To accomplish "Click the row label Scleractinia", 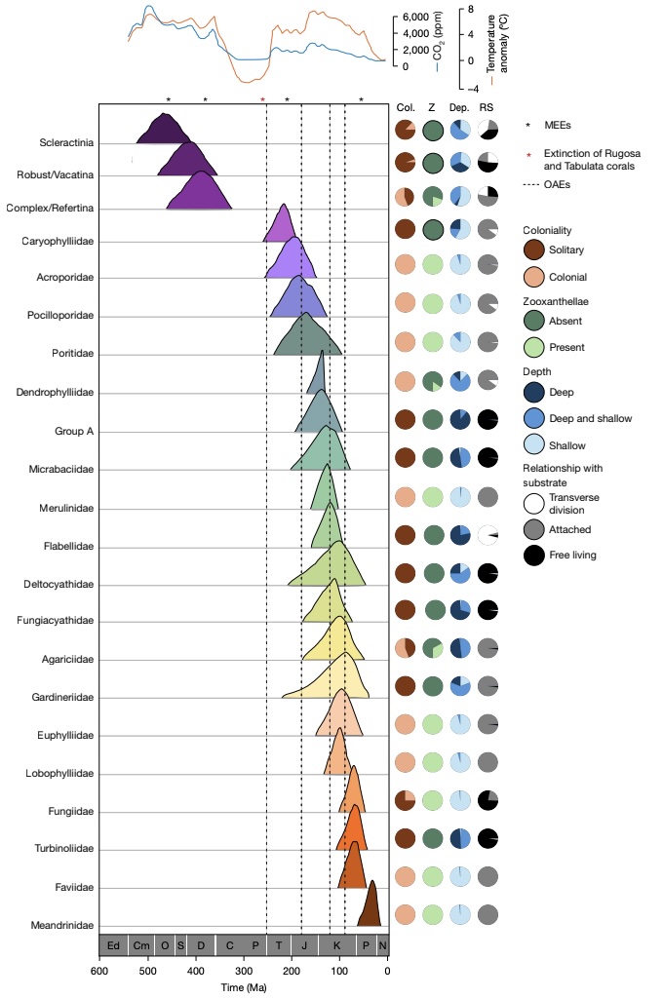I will [x=66, y=142].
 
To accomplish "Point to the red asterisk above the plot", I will [x=262, y=100].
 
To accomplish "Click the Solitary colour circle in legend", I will [x=535, y=250].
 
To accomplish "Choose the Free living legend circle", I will [x=535, y=555].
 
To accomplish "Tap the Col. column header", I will [x=405, y=106].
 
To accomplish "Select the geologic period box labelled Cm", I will [x=142, y=945].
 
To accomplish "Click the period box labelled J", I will [x=304, y=945].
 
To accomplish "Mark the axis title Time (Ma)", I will [x=244, y=987].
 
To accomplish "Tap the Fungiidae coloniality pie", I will [x=405, y=800].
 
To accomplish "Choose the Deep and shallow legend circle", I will [x=535, y=418].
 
